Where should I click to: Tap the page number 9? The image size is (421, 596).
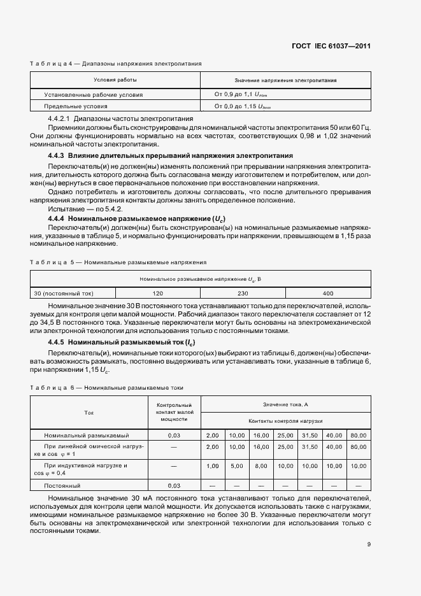point(369,544)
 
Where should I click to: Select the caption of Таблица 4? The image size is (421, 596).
point(116,64)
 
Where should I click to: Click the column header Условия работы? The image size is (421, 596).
point(115,80)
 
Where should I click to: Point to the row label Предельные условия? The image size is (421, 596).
point(75,106)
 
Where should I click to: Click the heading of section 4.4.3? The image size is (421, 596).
point(171,155)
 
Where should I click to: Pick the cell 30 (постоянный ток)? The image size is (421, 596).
point(64,294)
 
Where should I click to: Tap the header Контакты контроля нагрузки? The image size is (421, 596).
point(285,421)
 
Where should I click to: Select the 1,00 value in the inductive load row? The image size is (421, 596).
point(213,465)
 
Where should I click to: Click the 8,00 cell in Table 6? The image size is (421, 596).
point(261,465)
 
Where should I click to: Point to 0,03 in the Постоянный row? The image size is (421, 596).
point(174,485)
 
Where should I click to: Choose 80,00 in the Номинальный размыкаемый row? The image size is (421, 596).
point(359,435)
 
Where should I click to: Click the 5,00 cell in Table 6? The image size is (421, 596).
point(236,465)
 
